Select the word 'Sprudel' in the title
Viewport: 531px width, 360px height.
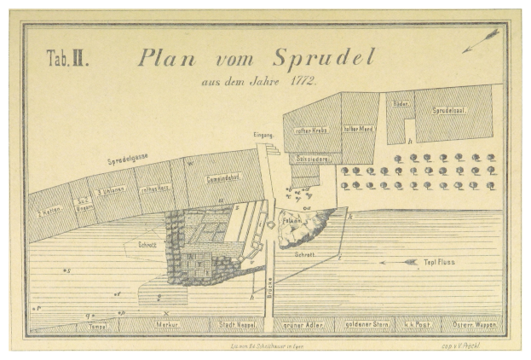pos(324,58)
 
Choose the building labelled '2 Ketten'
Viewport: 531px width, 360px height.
pos(49,209)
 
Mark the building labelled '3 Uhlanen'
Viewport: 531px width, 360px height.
pos(113,191)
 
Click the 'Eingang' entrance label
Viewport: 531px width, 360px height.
pos(263,136)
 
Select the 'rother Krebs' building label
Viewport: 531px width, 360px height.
pos(311,130)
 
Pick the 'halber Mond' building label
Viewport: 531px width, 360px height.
pos(359,129)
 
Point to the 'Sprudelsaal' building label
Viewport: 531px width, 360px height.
pos(452,112)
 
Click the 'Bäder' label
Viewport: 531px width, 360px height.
pos(399,103)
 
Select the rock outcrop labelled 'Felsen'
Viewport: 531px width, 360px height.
pos(301,224)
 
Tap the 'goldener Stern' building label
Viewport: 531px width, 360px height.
pos(363,325)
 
